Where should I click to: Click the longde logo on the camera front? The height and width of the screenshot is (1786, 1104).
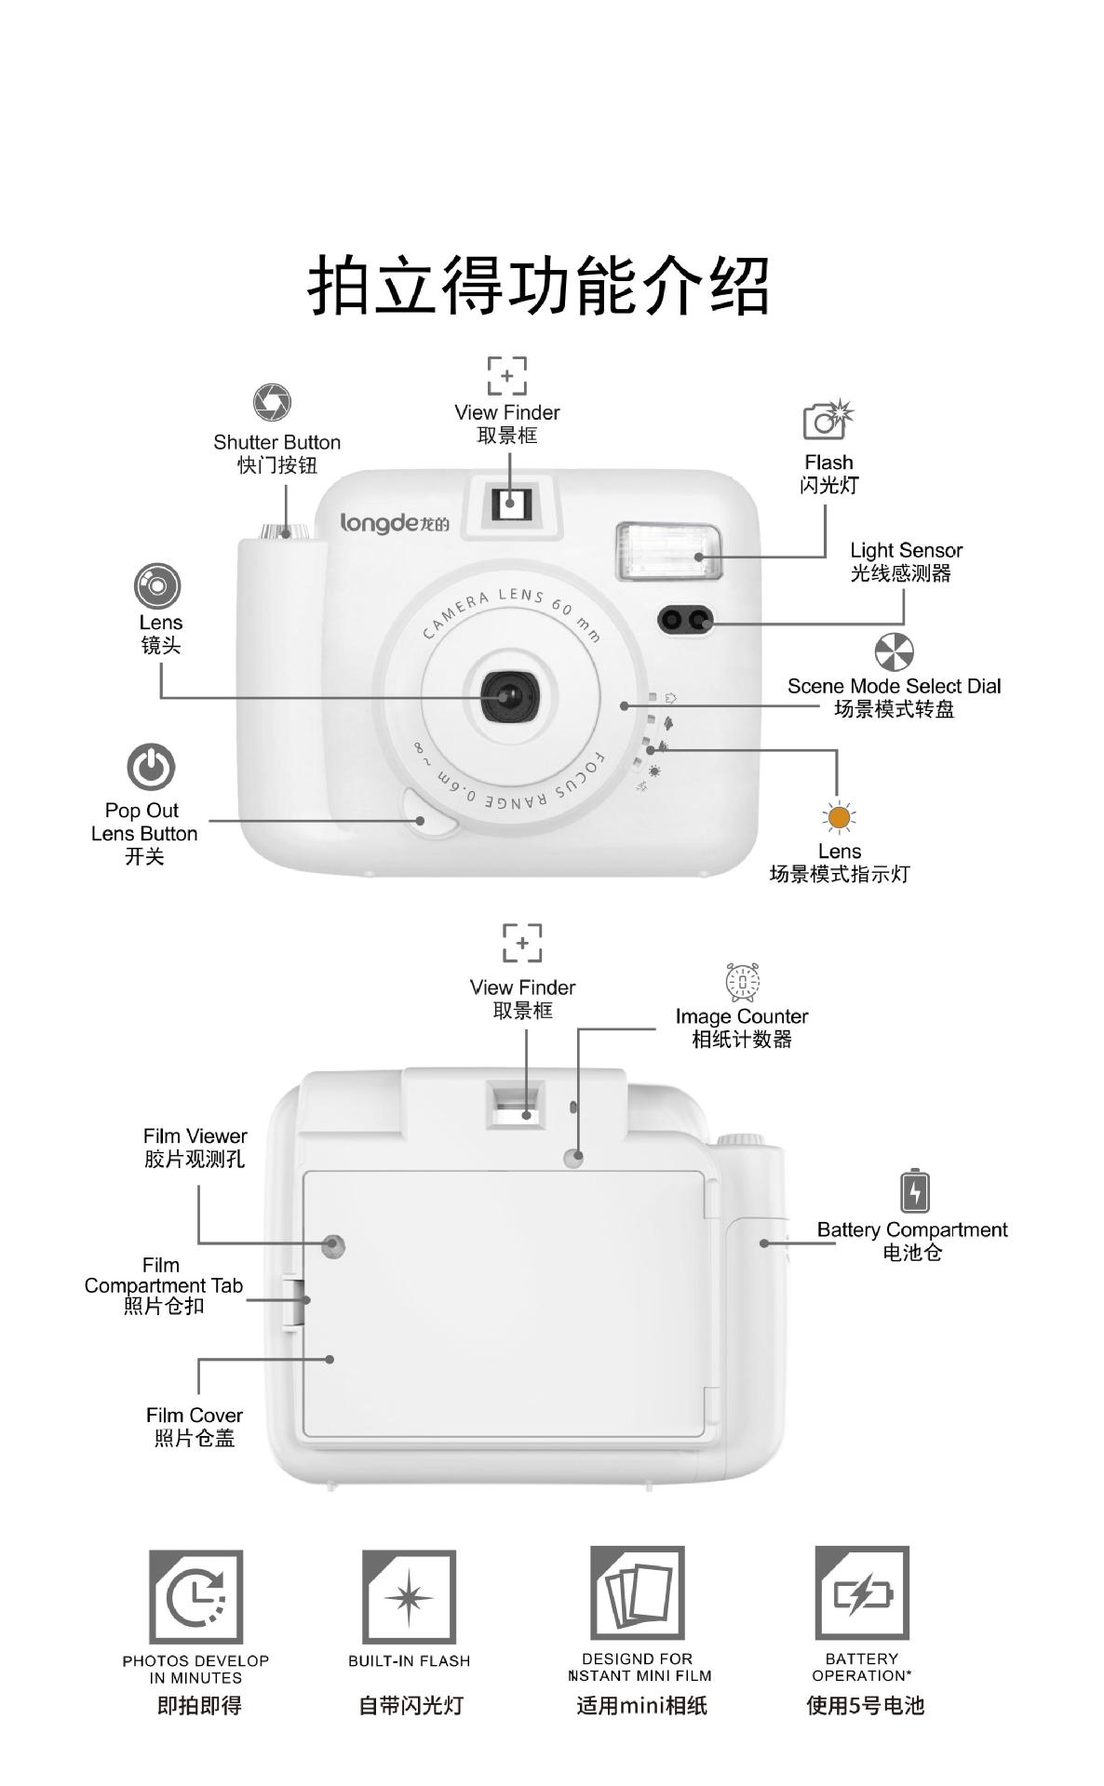click(394, 523)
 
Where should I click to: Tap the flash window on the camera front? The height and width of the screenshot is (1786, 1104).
click(668, 552)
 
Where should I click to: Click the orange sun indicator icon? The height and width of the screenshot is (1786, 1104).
click(839, 818)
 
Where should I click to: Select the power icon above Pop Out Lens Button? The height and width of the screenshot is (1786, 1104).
click(151, 768)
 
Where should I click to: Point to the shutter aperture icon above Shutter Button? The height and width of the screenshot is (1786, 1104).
click(272, 402)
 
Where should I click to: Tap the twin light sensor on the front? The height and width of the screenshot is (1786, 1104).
click(686, 620)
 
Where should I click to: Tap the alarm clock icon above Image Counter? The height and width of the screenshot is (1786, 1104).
click(742, 982)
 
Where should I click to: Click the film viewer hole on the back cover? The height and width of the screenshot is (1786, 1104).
click(333, 1244)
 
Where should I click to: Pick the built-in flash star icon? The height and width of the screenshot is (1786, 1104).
click(409, 1597)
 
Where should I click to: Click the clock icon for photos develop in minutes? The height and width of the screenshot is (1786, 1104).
click(196, 1597)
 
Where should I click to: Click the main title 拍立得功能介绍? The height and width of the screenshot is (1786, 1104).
click(539, 285)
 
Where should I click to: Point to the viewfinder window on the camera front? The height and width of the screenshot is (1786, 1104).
click(509, 504)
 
